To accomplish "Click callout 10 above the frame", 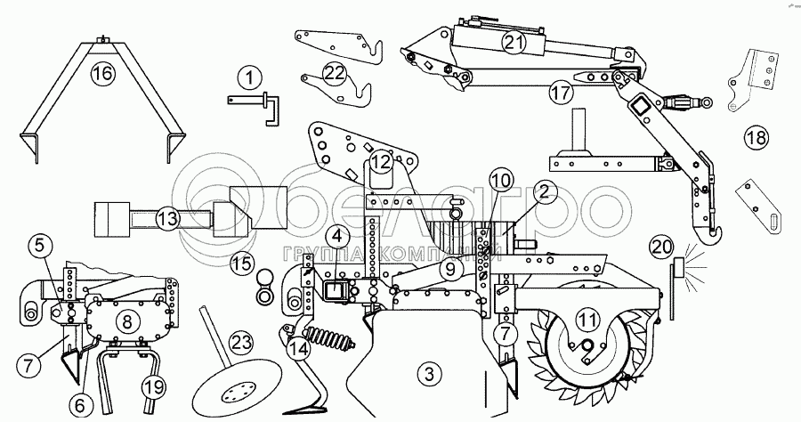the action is (x=500, y=181).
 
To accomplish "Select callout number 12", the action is (x=381, y=162).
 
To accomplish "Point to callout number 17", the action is (x=558, y=91).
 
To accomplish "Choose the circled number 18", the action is (x=755, y=139).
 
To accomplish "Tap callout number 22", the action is (x=334, y=74).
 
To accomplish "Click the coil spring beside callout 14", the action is (x=328, y=342).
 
